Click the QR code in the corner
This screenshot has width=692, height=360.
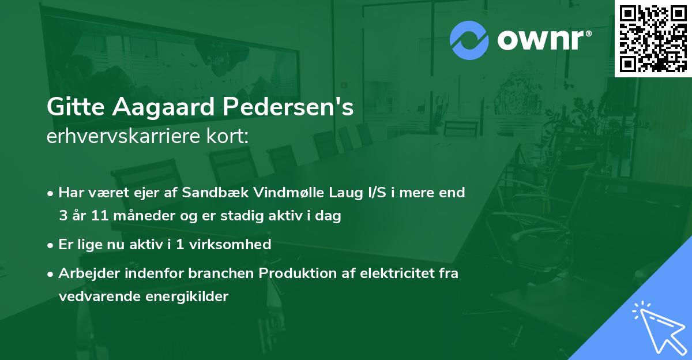tap(653, 39)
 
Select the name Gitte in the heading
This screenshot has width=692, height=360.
tap(72, 108)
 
